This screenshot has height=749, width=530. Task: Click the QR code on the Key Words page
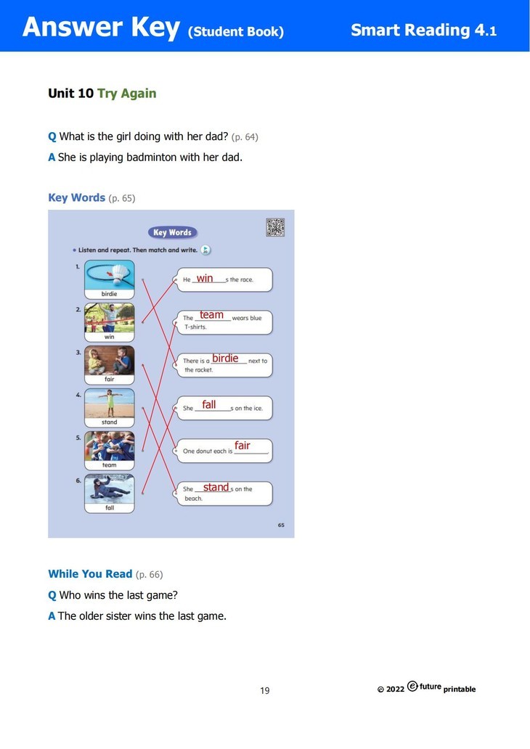[x=275, y=227]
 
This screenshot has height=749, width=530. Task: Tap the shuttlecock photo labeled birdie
[x=109, y=274]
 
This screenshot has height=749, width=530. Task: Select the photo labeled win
[x=109, y=317]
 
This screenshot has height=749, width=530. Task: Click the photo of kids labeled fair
[x=109, y=360]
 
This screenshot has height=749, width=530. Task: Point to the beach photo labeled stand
[x=109, y=403]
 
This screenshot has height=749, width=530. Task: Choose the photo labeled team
[x=109, y=446]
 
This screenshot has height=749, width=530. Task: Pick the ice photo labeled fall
[x=109, y=488]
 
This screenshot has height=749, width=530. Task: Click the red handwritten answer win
[x=205, y=278]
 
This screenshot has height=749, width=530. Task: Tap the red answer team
[x=211, y=315]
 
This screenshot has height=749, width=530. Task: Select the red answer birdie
[x=225, y=359]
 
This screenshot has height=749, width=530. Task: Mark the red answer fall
[x=209, y=405]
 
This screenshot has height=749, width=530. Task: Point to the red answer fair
[x=242, y=446]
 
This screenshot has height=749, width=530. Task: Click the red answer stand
[x=216, y=488]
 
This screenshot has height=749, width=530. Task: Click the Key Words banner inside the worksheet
[x=172, y=233]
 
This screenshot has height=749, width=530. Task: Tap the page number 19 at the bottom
[x=265, y=690]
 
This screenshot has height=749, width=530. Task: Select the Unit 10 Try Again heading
[x=102, y=94]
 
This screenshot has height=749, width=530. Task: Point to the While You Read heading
[x=90, y=574]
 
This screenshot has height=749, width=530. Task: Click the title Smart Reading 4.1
[x=423, y=30]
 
